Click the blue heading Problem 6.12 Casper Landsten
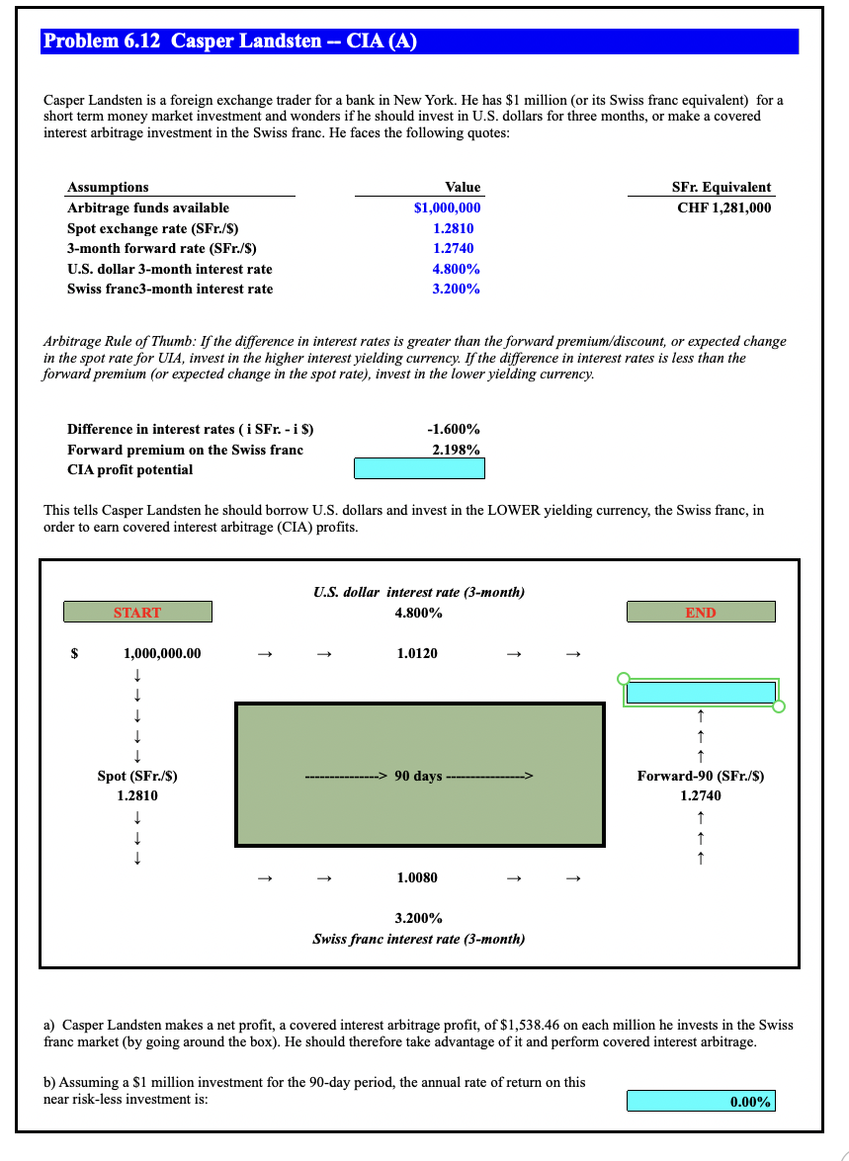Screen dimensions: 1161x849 point(229,41)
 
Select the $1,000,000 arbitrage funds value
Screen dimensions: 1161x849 point(447,207)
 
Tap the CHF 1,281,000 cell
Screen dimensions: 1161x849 point(723,207)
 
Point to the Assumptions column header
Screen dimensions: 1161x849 point(108,187)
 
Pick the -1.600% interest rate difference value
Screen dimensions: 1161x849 point(453,429)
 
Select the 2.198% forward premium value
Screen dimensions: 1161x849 point(456,450)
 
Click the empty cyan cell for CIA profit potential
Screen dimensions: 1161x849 point(419,469)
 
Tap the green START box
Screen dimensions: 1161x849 point(137,613)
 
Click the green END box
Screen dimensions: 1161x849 point(700,613)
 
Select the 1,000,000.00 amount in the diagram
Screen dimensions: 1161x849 point(162,653)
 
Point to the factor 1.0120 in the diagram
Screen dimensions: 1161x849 point(417,653)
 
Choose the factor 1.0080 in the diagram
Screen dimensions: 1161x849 point(417,877)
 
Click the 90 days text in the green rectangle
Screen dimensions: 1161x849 point(418,776)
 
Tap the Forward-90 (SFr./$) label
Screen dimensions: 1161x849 point(700,776)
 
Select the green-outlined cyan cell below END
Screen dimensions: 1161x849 point(700,693)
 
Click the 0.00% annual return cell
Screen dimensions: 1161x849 point(701,1101)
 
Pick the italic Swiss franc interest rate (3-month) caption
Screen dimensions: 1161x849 point(418,939)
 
